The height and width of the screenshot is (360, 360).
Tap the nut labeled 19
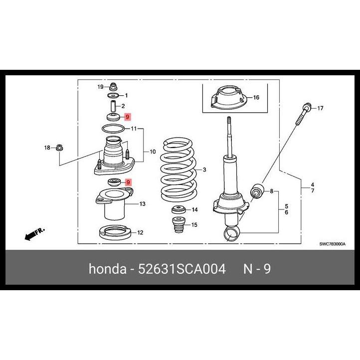coord(112,87)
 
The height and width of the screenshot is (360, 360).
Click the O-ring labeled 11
coord(113,129)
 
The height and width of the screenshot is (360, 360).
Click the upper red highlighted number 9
coord(127,117)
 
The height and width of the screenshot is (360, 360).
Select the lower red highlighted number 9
coord(128,182)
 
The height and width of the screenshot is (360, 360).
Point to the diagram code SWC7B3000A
coord(332,244)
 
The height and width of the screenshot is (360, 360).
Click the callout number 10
coord(152,151)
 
